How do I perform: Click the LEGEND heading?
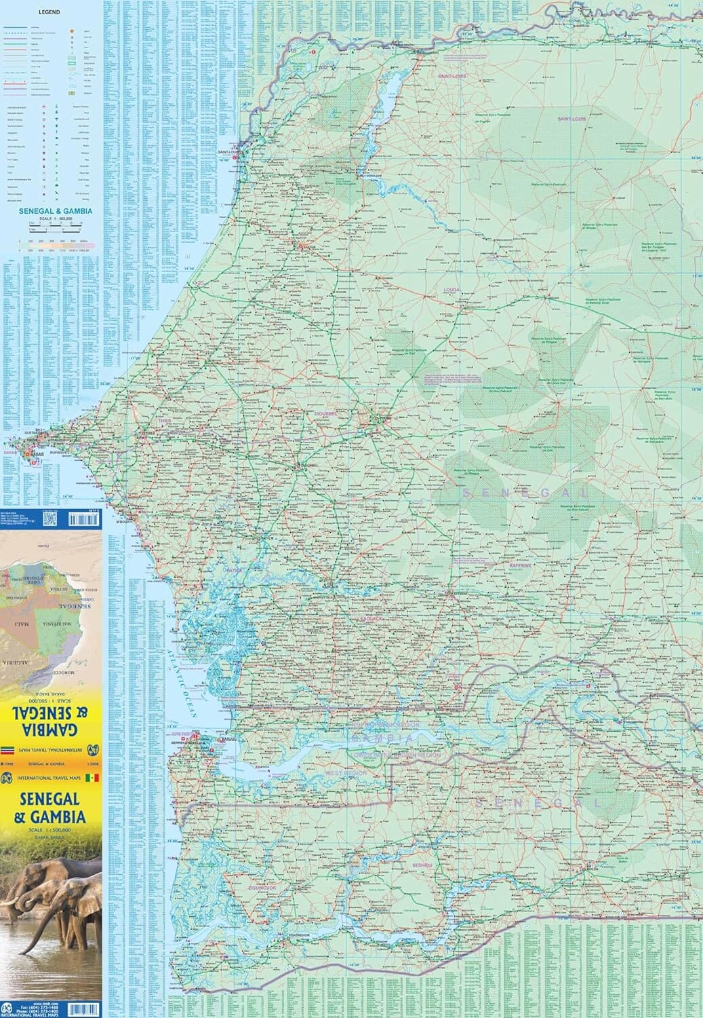click(49, 12)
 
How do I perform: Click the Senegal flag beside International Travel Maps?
click(95, 778)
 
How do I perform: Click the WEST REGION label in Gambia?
click(346, 773)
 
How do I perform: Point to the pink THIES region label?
click(165, 421)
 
